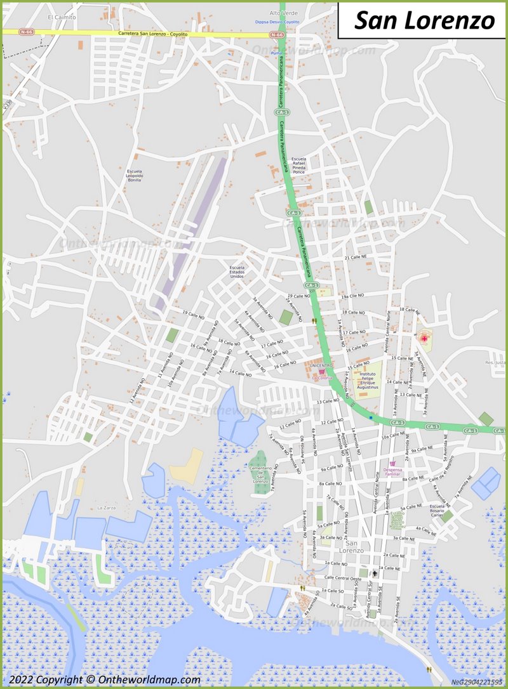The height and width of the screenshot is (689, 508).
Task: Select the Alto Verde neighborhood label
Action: [283, 13]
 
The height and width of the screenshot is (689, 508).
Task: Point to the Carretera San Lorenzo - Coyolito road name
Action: [153, 33]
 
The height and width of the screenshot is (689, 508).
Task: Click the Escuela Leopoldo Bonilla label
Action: [135, 176]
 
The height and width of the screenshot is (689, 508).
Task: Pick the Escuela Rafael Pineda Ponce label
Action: [298, 165]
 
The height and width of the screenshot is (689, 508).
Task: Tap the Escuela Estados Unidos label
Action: [237, 272]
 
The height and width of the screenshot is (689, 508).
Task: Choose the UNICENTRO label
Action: [321, 365]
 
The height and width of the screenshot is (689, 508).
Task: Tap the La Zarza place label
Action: [105, 508]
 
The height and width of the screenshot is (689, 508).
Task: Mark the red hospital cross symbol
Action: [424, 339]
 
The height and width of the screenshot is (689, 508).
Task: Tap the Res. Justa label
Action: [495, 362]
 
